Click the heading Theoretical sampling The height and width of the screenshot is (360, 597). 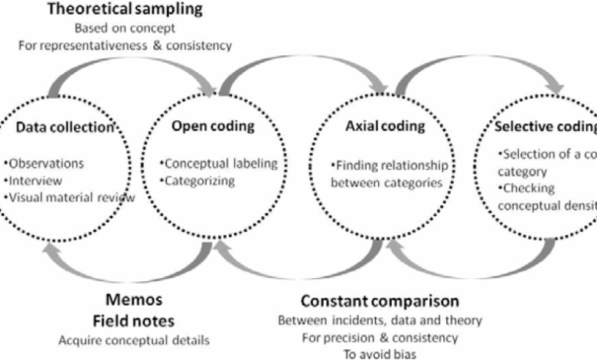[x=126, y=10]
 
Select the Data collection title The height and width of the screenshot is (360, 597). [x=64, y=127]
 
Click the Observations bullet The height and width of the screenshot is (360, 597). [x=44, y=164]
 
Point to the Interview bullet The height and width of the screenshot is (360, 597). [x=35, y=181]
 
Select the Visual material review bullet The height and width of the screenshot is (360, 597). [x=70, y=197]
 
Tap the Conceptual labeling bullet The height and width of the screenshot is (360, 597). [x=219, y=164]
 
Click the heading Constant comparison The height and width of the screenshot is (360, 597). [x=380, y=300]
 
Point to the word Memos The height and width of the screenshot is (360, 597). [x=134, y=299]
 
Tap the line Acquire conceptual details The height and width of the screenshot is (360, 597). [x=133, y=339]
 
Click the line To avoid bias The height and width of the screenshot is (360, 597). [x=380, y=353]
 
